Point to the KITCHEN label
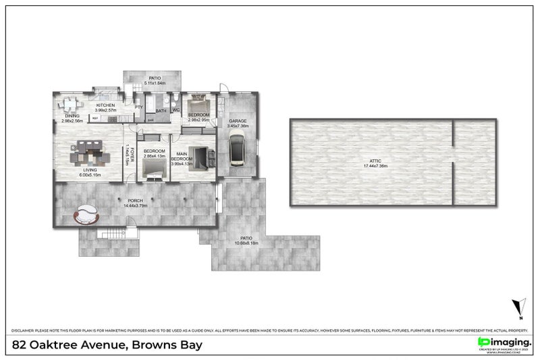[105, 106]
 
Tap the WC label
[175, 110]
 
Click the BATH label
[161, 111]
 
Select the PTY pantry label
[138, 107]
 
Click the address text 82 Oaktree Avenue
[67, 345]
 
